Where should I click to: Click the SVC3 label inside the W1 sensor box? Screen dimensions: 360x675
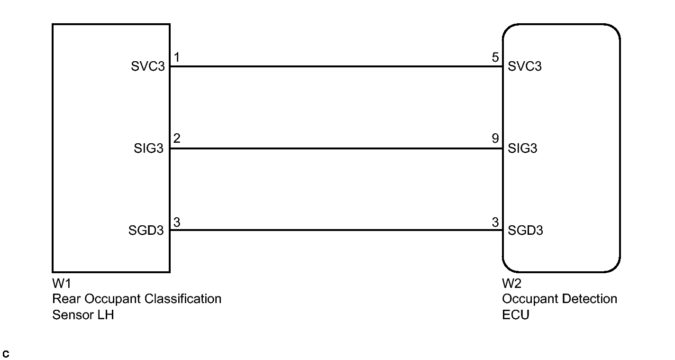coord(148,66)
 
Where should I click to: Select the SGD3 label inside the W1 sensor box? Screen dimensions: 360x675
coord(146,231)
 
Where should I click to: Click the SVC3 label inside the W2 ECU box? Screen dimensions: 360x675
coord(524,66)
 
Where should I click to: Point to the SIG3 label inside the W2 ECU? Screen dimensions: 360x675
coord(522,148)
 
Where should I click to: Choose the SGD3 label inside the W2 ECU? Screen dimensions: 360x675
coord(525,231)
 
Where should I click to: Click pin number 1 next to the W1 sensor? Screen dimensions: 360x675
coord(176,58)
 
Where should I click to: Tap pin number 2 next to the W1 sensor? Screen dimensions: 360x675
coord(176,139)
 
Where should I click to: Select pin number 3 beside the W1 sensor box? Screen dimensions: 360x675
coord(176,222)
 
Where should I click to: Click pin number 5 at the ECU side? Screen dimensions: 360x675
coord(495,58)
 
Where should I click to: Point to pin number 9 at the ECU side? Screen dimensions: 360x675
coord(495,139)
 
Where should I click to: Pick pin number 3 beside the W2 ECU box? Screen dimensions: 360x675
coord(495,222)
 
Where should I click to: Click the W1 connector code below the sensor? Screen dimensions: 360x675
coord(62,284)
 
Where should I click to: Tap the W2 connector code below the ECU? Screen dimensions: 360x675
coord(512,284)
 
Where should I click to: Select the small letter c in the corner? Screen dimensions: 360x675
coord(6,354)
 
